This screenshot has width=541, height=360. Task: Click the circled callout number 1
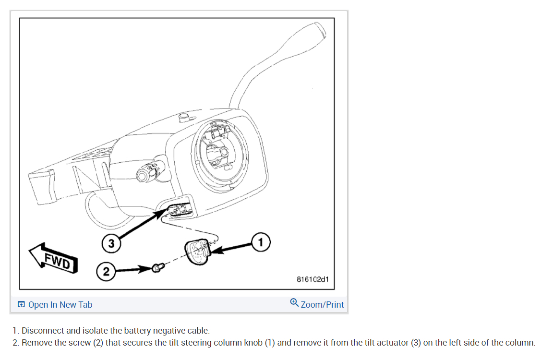(x=261, y=241)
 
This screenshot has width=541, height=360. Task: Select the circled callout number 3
(x=111, y=243)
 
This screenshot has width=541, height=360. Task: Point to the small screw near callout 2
(x=156, y=268)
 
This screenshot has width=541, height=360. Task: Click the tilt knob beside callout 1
(x=197, y=251)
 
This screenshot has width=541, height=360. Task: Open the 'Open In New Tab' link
(x=60, y=305)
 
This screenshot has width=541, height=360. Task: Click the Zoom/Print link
(x=322, y=305)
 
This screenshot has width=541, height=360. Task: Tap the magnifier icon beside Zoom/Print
(x=294, y=303)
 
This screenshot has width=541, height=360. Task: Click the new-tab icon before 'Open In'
(x=21, y=305)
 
